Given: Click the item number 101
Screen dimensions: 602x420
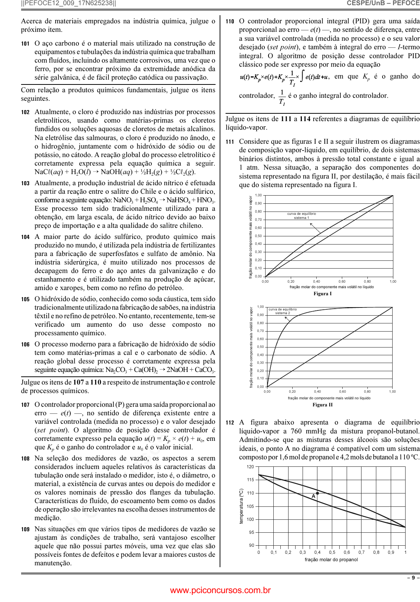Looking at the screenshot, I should (x=25, y=44).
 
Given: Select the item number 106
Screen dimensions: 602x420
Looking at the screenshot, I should (x=25, y=345).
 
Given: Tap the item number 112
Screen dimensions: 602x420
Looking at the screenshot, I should (x=230, y=423).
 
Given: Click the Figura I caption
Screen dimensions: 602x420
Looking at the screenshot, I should (x=322, y=294).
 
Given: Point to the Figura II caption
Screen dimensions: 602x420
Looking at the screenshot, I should (x=322, y=405).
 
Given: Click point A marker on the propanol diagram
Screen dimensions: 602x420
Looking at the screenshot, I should (x=317, y=493).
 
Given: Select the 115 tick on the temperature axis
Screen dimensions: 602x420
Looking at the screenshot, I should (x=250, y=480).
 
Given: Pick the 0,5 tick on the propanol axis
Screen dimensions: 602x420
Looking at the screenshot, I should (x=332, y=552).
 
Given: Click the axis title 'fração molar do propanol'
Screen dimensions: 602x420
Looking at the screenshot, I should (x=331, y=560).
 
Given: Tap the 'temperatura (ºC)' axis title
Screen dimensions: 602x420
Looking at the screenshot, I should (x=241, y=506).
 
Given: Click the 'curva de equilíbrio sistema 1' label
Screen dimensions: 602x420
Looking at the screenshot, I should (x=301, y=216).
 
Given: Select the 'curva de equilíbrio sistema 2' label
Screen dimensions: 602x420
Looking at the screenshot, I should (x=283, y=311).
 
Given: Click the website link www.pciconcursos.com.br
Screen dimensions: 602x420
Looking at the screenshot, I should (x=220, y=591).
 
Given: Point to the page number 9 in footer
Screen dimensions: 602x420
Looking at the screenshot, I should (x=413, y=578).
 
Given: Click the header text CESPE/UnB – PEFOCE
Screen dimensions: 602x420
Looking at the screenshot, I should (x=383, y=3).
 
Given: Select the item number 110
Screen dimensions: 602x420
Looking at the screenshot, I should (x=230, y=21).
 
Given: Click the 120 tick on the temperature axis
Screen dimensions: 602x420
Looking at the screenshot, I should (x=250, y=467).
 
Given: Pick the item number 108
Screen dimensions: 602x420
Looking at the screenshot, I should (x=25, y=459).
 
